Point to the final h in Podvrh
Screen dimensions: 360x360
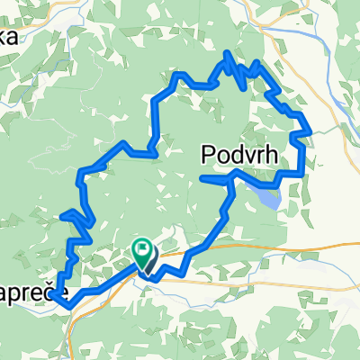[269, 158]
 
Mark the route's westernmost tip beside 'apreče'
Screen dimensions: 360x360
[52, 292]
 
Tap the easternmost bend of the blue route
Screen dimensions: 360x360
[311, 131]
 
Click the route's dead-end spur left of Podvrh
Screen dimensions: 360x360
[202, 179]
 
